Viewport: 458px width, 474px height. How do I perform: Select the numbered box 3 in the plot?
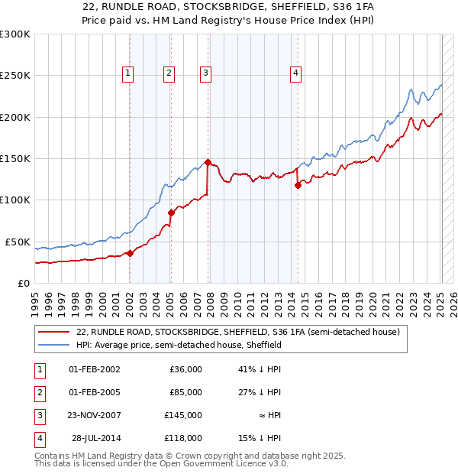tap(206, 73)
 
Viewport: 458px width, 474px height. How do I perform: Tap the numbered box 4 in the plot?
tap(295, 73)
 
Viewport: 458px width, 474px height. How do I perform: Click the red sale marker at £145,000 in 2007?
tap(208, 162)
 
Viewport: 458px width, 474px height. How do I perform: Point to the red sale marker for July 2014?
tap(298, 184)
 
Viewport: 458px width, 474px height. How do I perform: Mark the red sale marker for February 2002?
tap(130, 253)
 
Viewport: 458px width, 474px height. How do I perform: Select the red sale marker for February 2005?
tap(170, 213)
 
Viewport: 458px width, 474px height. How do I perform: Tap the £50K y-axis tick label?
tap(18, 242)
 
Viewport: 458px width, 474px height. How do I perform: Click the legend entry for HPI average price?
tap(179, 345)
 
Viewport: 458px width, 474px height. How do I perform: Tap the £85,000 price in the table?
tap(186, 392)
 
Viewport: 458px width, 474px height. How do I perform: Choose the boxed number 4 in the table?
tap(38, 438)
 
